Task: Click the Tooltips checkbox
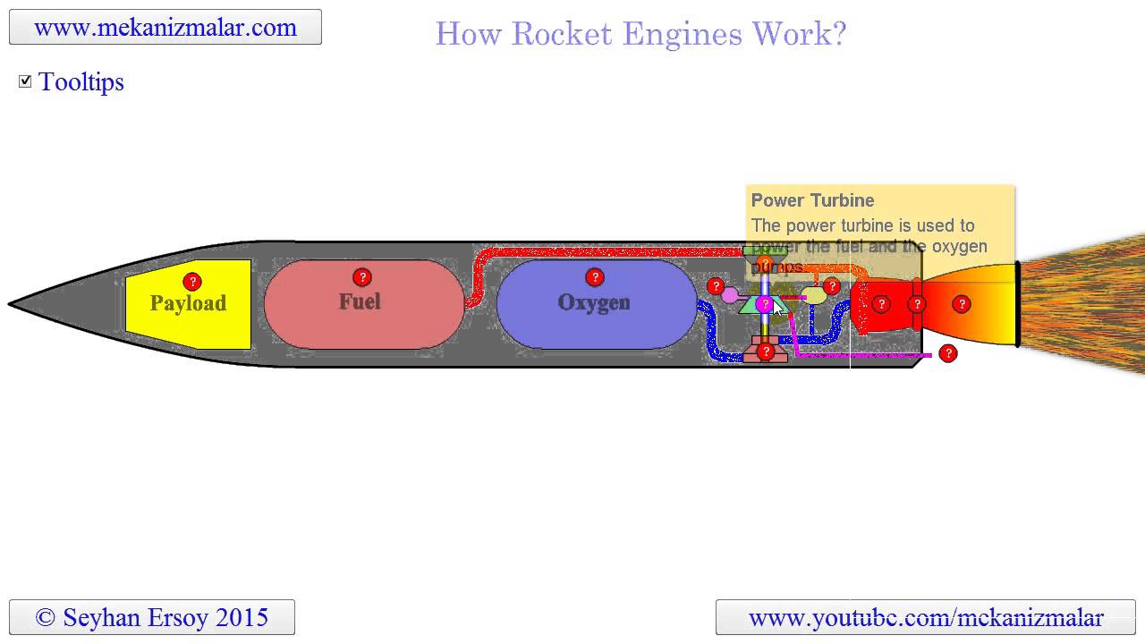[25, 81]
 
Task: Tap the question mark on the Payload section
[191, 282]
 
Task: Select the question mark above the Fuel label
[361, 276]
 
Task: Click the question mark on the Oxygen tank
[594, 276]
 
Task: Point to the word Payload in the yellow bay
[188, 303]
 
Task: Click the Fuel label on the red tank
[360, 301]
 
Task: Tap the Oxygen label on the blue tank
[594, 302]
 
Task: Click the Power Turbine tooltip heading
[812, 200]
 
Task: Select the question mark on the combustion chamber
[881, 304]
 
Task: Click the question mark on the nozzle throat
[917, 304]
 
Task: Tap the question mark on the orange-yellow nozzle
[962, 304]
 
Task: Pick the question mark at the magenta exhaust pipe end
[948, 354]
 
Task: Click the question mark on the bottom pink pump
[765, 352]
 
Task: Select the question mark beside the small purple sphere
[715, 286]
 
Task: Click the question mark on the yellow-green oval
[831, 286]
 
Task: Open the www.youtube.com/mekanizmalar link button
[926, 617]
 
